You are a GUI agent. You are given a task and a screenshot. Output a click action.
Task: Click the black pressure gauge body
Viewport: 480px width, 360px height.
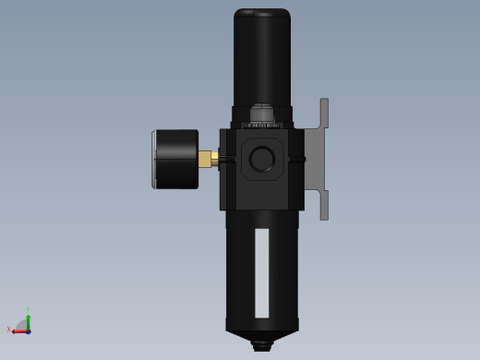click(x=177, y=159)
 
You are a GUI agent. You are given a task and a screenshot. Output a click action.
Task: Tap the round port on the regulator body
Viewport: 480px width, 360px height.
click(x=262, y=159)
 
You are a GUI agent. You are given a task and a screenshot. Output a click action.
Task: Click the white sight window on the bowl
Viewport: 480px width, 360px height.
click(x=262, y=272)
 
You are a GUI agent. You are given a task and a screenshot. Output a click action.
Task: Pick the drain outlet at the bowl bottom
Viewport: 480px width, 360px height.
click(x=262, y=345)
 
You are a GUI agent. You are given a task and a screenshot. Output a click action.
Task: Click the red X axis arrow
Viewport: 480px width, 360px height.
click(x=18, y=331)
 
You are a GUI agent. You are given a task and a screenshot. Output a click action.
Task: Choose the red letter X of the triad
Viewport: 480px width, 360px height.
click(x=9, y=329)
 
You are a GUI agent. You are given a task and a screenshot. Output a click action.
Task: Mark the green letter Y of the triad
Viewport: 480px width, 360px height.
click(x=29, y=311)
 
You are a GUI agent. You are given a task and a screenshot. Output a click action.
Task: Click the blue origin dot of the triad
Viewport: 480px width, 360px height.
click(x=29, y=330)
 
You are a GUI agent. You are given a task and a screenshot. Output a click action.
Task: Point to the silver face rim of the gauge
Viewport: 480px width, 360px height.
click(x=153, y=159)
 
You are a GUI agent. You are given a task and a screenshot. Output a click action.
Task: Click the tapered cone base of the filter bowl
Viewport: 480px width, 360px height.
click(x=262, y=327)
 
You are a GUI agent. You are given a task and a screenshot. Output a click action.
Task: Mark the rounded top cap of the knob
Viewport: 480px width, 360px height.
click(x=262, y=15)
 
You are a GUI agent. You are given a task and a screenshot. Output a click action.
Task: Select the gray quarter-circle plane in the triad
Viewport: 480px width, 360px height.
click(x=22, y=325)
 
